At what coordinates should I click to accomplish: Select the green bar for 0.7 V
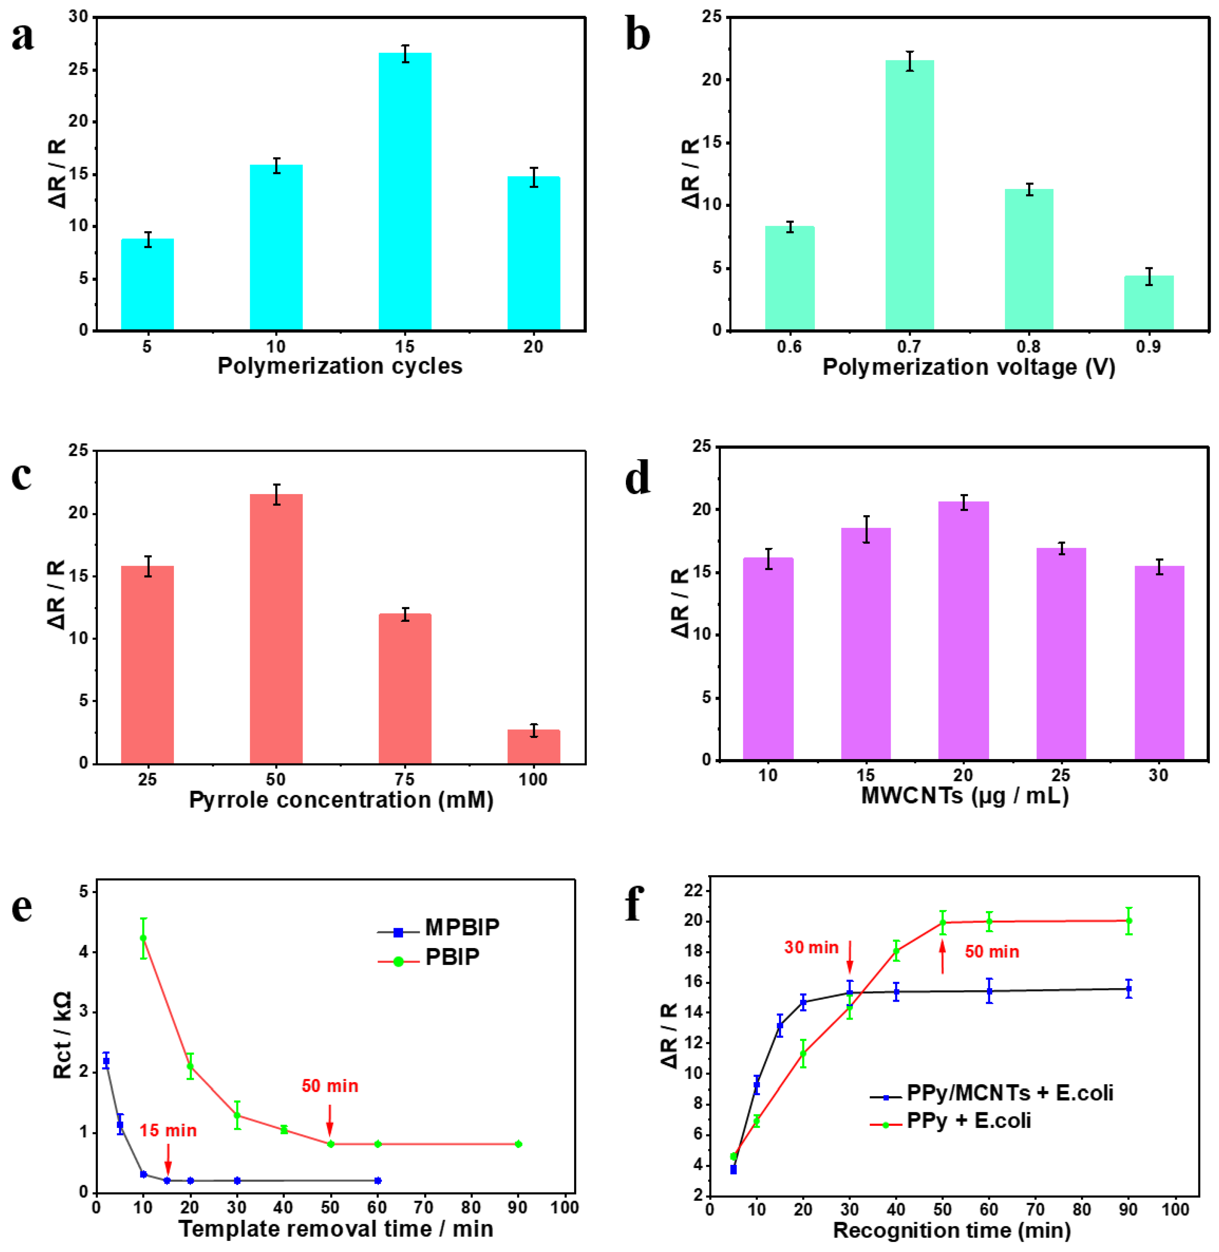click(x=909, y=195)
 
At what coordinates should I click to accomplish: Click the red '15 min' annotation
click(x=168, y=1130)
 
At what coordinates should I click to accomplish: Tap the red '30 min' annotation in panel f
click(x=811, y=947)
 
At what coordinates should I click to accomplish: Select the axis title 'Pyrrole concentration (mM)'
click(x=341, y=800)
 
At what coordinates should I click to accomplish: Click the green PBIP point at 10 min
click(x=143, y=938)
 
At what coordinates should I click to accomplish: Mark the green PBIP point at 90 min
click(x=518, y=1144)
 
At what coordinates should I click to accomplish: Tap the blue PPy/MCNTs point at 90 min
click(x=1129, y=988)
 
